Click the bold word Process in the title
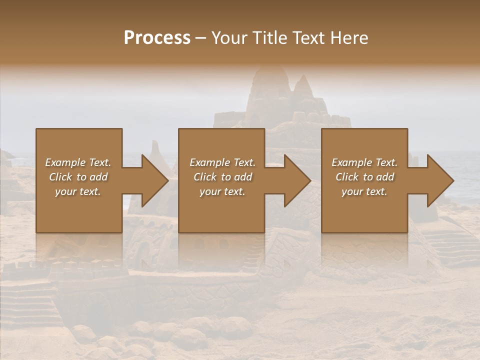point(157,38)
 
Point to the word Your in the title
point(229,38)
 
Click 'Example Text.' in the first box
point(78,162)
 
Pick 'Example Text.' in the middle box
point(222,162)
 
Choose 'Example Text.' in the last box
point(364,162)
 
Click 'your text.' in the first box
point(78,191)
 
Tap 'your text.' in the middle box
point(222,191)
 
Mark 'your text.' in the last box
point(364,191)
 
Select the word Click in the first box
point(60,177)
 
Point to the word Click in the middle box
point(205,177)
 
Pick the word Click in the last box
point(347,177)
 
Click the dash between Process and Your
point(201,38)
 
